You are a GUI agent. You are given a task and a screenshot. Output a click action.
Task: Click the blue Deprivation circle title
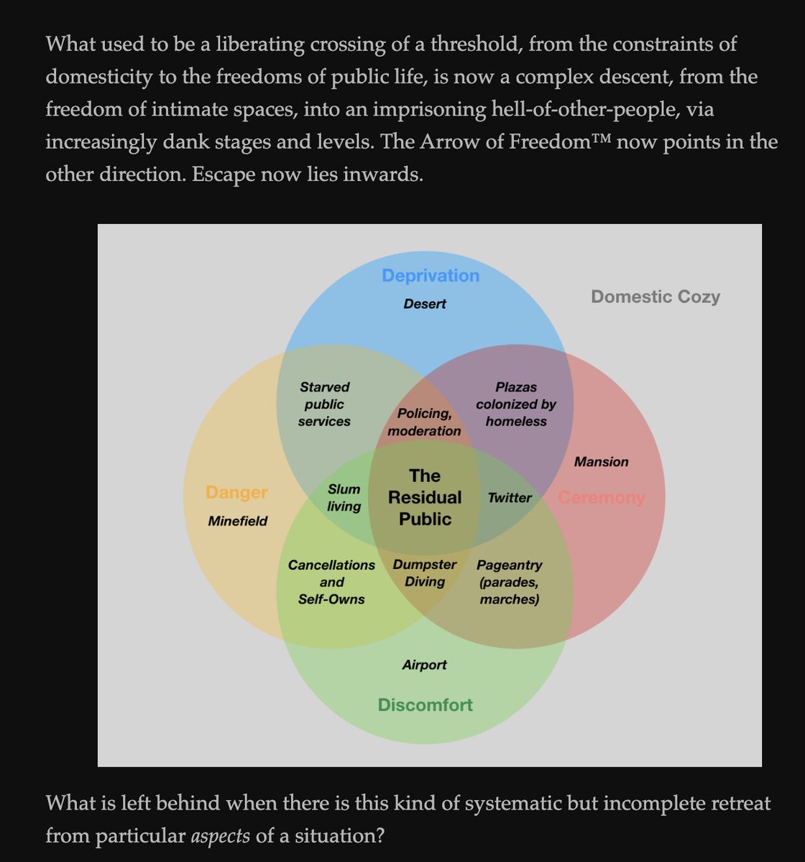[x=430, y=276]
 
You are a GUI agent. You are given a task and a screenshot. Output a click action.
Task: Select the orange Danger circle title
[x=236, y=493]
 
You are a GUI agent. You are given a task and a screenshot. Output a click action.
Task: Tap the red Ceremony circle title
[x=602, y=497]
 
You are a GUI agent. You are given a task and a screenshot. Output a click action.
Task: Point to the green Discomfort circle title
[x=425, y=705]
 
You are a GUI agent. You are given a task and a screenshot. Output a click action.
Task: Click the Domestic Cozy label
[x=655, y=297]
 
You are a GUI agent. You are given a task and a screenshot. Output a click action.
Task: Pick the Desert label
[x=424, y=304]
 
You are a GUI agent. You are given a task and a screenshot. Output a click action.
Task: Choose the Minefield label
[x=237, y=521]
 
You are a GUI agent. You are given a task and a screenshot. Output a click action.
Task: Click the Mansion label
[x=601, y=462]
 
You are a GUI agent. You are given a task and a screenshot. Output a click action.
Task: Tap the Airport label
[x=424, y=665]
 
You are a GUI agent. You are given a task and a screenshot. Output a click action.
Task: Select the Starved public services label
[x=324, y=404]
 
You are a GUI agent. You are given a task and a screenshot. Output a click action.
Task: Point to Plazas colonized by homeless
[x=516, y=404]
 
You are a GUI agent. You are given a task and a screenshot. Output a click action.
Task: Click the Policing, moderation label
[x=424, y=422]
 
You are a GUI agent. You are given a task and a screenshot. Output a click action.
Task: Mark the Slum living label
[x=344, y=498]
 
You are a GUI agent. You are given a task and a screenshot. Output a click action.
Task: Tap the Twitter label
[x=510, y=497]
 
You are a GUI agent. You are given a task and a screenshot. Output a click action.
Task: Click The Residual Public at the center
[x=424, y=497]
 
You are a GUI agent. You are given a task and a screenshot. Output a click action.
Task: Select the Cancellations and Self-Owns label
[x=331, y=582]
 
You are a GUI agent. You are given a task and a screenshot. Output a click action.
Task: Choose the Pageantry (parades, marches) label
[x=509, y=582]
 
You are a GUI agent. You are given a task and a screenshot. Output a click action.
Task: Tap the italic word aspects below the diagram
[x=218, y=835]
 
